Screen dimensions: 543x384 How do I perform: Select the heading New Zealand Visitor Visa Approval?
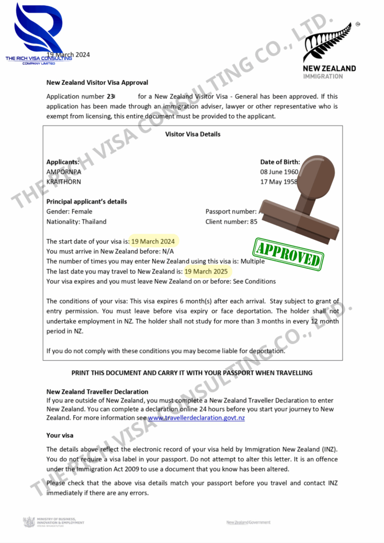pyautogui.click(x=97, y=83)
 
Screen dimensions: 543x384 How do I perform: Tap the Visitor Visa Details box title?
pyautogui.click(x=193, y=134)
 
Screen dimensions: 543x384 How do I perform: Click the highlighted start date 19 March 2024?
pyautogui.click(x=153, y=241)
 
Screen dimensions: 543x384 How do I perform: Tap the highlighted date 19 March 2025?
pyautogui.click(x=206, y=271)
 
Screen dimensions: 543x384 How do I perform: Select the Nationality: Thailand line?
pyautogui.click(x=76, y=222)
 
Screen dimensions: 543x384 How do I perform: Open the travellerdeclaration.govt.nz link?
pyautogui.click(x=196, y=418)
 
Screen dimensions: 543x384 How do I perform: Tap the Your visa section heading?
pyautogui.click(x=60, y=435)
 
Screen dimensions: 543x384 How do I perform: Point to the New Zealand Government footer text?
pyautogui.click(x=248, y=522)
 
